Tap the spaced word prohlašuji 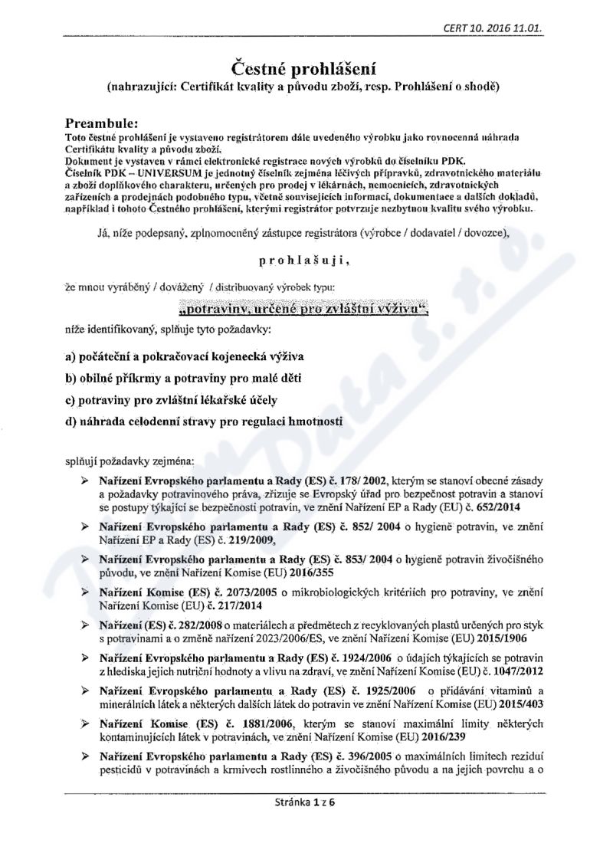[x=304, y=262]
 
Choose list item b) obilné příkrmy [x=184, y=379]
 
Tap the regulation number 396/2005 [x=362, y=757]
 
